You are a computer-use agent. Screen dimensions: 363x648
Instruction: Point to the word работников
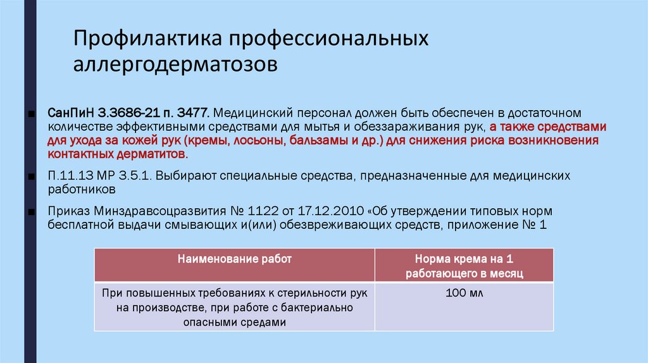pos(82,189)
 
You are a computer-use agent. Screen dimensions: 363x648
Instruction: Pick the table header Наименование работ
pos(234,259)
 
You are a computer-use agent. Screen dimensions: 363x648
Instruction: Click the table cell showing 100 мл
pos(464,294)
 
